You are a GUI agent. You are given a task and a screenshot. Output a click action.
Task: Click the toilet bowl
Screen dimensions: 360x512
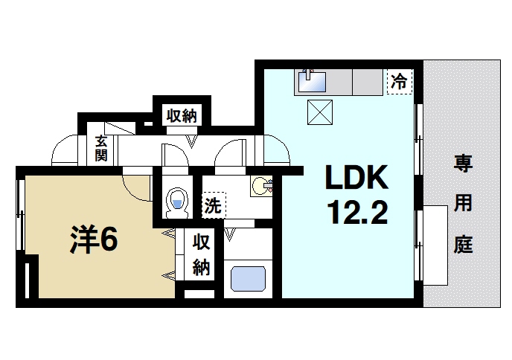coord(177,201)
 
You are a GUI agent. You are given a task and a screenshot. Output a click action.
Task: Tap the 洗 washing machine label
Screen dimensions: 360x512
coord(212,206)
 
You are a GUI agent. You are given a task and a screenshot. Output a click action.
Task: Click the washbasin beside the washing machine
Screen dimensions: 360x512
coord(261,185)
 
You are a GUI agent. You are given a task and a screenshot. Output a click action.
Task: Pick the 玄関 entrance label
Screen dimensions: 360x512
coord(100,149)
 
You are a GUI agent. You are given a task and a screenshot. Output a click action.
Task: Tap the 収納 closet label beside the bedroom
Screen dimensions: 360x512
coord(201,254)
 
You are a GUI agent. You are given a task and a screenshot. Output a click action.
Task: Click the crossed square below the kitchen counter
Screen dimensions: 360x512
coord(321,113)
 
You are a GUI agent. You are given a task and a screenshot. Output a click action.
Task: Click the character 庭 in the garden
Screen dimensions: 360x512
coord(463,245)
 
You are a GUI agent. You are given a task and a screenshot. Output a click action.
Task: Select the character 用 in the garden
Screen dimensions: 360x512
coord(463,205)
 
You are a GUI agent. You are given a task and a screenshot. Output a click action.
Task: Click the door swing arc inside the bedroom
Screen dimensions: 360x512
coord(137,186)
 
